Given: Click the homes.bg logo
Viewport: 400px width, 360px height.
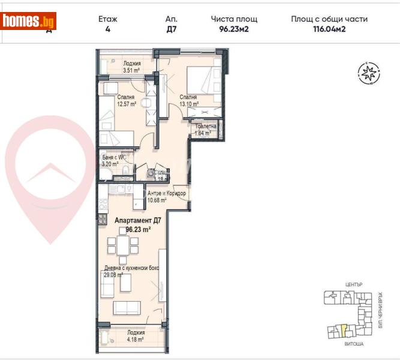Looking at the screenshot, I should (x=28, y=22).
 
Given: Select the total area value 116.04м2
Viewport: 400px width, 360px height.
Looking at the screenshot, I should (x=329, y=28).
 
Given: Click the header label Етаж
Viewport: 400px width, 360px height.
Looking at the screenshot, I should (x=108, y=19).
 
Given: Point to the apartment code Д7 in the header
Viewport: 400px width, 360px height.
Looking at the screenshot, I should (x=171, y=28).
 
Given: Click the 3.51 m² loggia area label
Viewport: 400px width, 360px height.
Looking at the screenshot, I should (x=131, y=70).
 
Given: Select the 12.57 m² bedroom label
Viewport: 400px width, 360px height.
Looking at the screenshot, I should (x=125, y=103).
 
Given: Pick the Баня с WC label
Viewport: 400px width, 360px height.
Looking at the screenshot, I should (x=113, y=158).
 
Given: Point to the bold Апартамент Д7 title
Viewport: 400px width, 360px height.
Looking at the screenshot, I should (x=137, y=220).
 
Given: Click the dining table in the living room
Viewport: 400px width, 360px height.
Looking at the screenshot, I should (x=122, y=246).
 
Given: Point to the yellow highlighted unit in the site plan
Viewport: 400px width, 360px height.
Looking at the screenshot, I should (x=343, y=329).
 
